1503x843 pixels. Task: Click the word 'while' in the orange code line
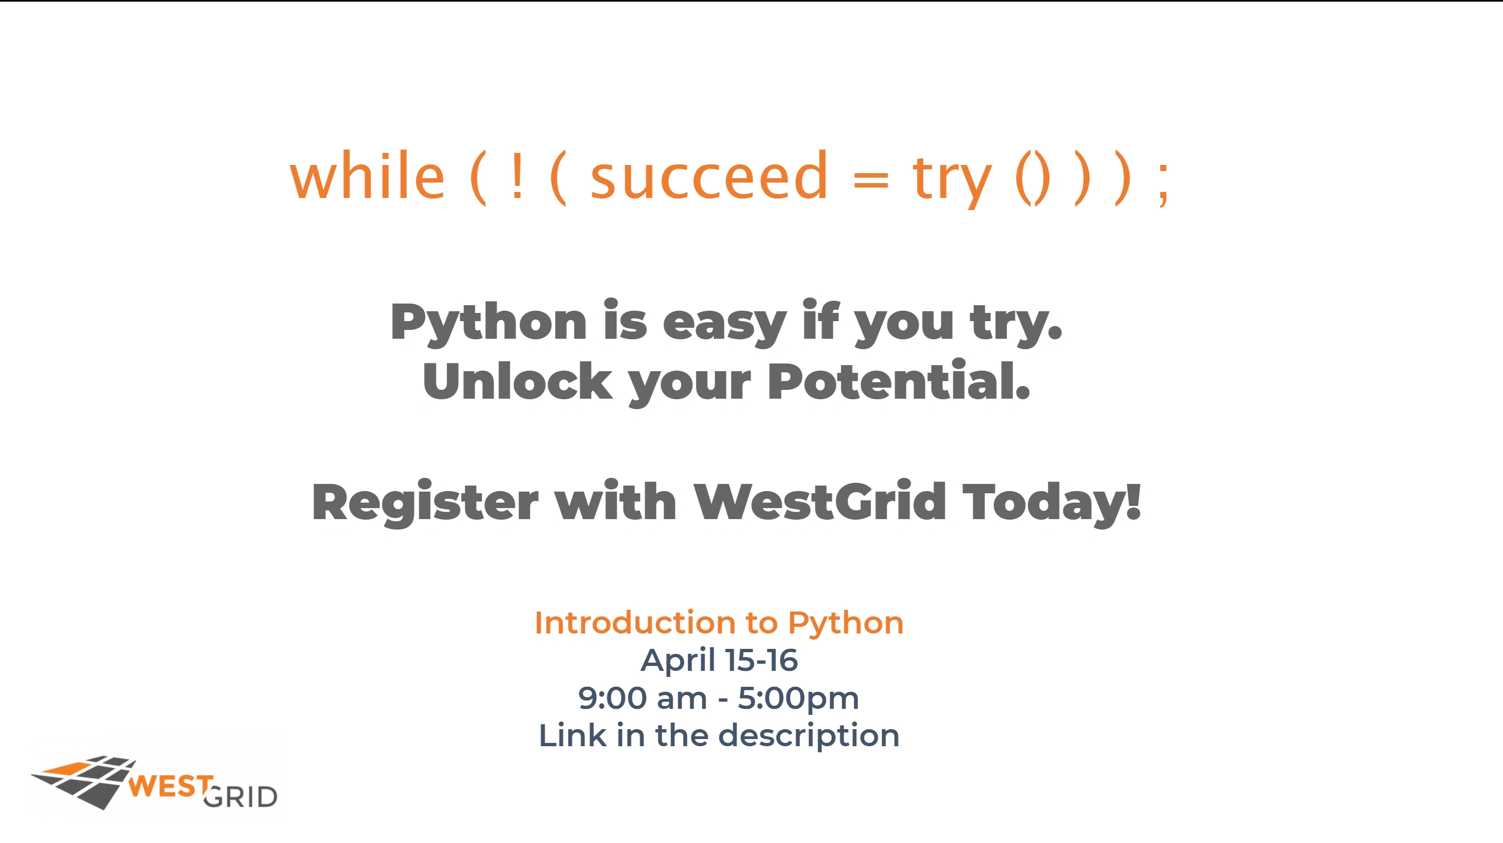[x=368, y=175]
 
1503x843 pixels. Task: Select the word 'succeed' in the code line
[x=709, y=175]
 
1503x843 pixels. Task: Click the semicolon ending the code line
[x=1163, y=183]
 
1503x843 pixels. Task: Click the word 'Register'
[x=425, y=503]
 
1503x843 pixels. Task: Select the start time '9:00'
[x=613, y=698]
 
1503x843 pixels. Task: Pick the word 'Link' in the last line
[x=573, y=735]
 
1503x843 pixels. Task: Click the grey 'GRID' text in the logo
[x=240, y=797]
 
